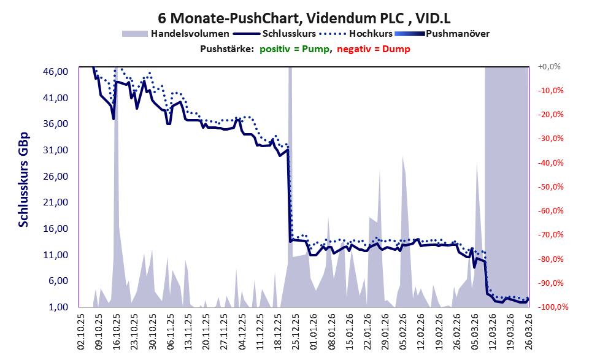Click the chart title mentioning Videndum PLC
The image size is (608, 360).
point(304,18)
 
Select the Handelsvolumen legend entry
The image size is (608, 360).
point(175,34)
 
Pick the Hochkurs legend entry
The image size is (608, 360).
point(356,34)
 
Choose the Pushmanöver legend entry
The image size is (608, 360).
point(442,34)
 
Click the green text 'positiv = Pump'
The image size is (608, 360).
point(294,49)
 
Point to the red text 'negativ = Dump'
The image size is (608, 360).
point(374,49)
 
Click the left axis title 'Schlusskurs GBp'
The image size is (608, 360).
point(24,180)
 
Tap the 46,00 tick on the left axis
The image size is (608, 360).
point(55,72)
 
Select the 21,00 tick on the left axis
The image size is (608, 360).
point(55,202)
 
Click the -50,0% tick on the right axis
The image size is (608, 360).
point(550,187)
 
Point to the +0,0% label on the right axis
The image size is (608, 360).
point(549,67)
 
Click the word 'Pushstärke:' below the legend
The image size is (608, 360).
point(227,49)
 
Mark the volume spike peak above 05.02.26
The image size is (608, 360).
point(403,156)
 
